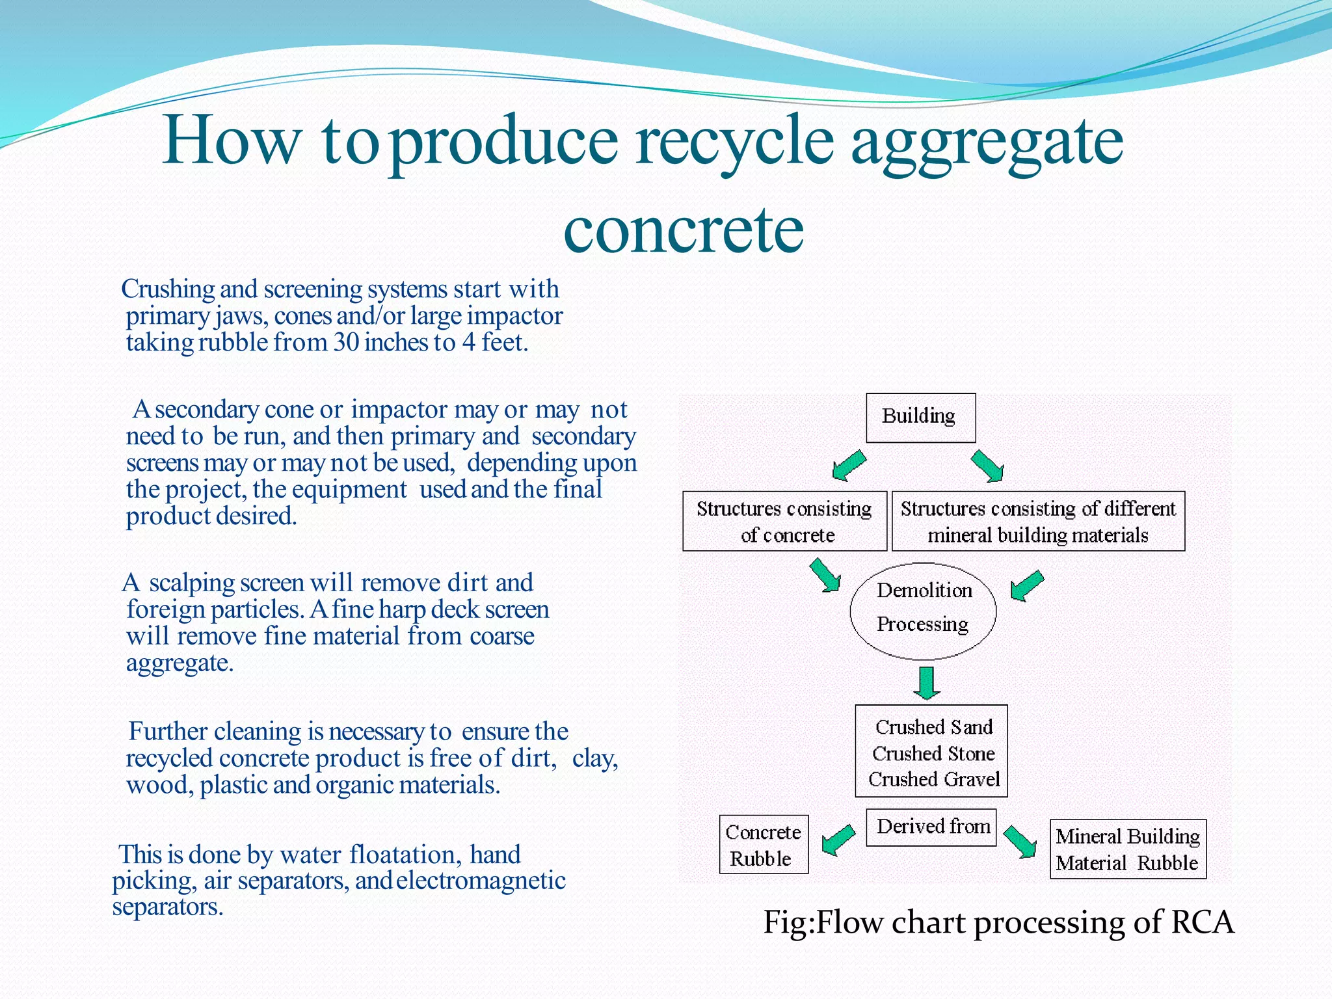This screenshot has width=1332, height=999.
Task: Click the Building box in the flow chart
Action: pos(920,418)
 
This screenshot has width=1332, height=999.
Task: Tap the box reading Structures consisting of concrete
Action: pos(784,521)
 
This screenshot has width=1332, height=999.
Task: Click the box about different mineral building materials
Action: pos(1038,521)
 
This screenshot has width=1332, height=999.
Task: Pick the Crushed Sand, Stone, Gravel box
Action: pos(931,751)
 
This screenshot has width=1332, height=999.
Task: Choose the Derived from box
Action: pos(931,827)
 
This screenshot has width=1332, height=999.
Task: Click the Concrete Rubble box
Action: pos(764,844)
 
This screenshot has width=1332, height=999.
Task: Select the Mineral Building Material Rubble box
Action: pos(1128,849)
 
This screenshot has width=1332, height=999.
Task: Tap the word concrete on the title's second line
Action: pos(684,229)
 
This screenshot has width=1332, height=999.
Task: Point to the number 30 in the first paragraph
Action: pos(347,342)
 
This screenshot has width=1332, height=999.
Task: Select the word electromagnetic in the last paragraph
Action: pos(481,881)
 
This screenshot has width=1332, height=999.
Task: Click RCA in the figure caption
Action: pos(1202,922)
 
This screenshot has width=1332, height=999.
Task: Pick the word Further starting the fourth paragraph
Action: pos(168,731)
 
